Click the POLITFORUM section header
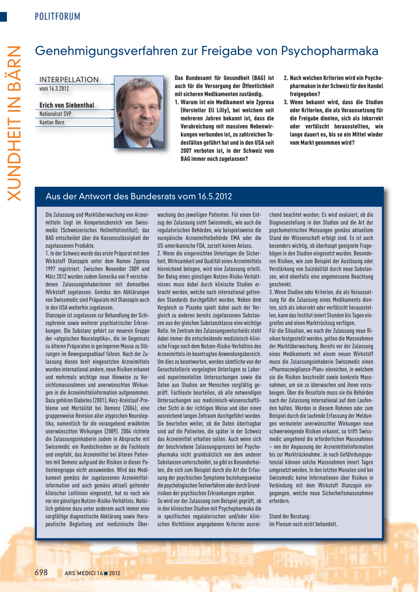point(57,16)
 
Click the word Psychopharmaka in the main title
point(329,51)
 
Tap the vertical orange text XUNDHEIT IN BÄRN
point(14,123)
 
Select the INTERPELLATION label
point(69,80)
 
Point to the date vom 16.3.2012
point(54,89)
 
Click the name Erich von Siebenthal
point(67,105)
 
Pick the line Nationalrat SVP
point(55,114)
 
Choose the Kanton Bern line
point(52,122)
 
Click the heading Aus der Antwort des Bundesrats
point(139,196)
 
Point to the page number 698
point(41,572)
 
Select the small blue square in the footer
point(106,573)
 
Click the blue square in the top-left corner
point(3,17)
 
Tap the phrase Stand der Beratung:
point(290,516)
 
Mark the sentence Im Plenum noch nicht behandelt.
point(303,524)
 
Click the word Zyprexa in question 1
point(265,102)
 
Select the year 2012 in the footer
point(115,573)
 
